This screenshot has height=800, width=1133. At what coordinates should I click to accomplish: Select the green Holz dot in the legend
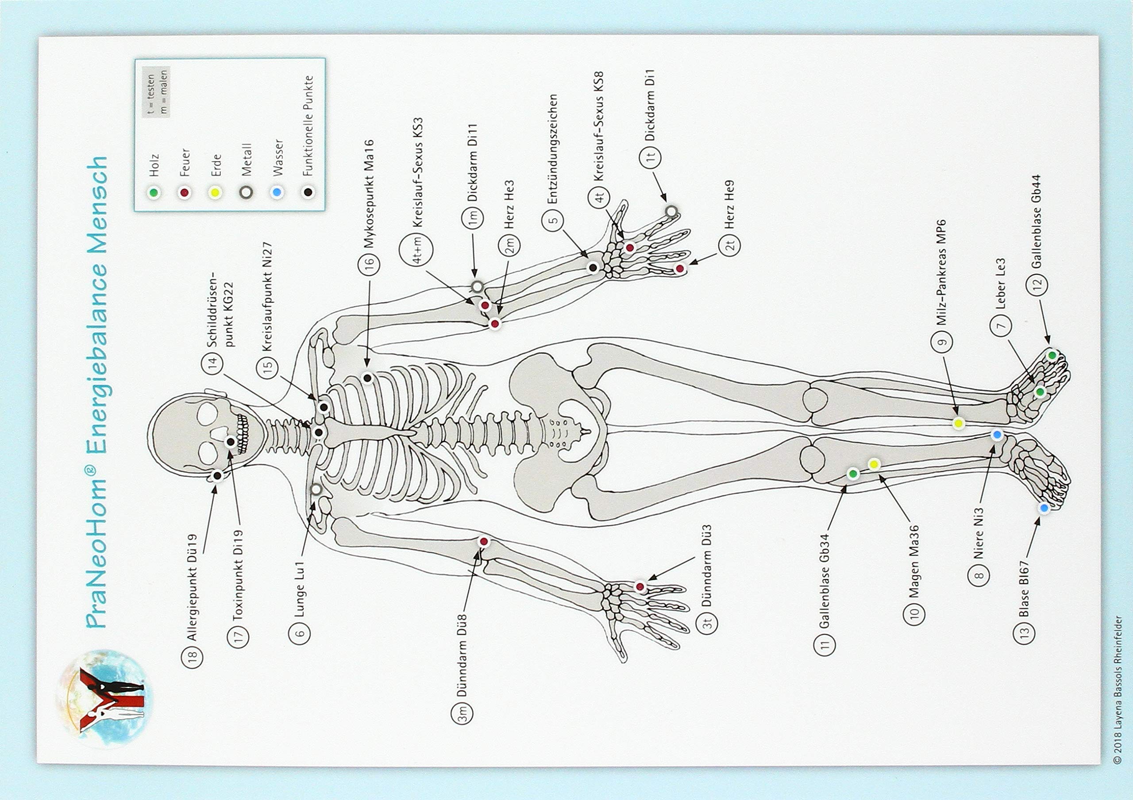pyautogui.click(x=154, y=192)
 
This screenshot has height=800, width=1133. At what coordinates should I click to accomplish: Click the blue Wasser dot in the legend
pyautogui.click(x=277, y=192)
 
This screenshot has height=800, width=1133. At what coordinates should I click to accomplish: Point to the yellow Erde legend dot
pyautogui.click(x=215, y=192)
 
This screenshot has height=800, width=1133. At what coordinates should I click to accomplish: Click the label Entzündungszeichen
pyautogui.click(x=552, y=149)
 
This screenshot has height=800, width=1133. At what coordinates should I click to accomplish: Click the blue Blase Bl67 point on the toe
pyautogui.click(x=1043, y=508)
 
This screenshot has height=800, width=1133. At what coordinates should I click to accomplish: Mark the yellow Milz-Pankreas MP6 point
pyautogui.click(x=958, y=423)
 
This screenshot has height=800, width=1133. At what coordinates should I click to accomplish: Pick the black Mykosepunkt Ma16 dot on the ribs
pyautogui.click(x=367, y=378)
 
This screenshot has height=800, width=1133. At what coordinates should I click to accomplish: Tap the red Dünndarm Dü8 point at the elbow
pyautogui.click(x=484, y=542)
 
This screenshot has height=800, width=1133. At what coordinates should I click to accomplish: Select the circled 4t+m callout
pyautogui.click(x=416, y=251)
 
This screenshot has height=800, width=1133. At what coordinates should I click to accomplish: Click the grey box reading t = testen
pyautogui.click(x=156, y=92)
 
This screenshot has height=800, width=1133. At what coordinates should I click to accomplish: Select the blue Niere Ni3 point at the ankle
pyautogui.click(x=997, y=435)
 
